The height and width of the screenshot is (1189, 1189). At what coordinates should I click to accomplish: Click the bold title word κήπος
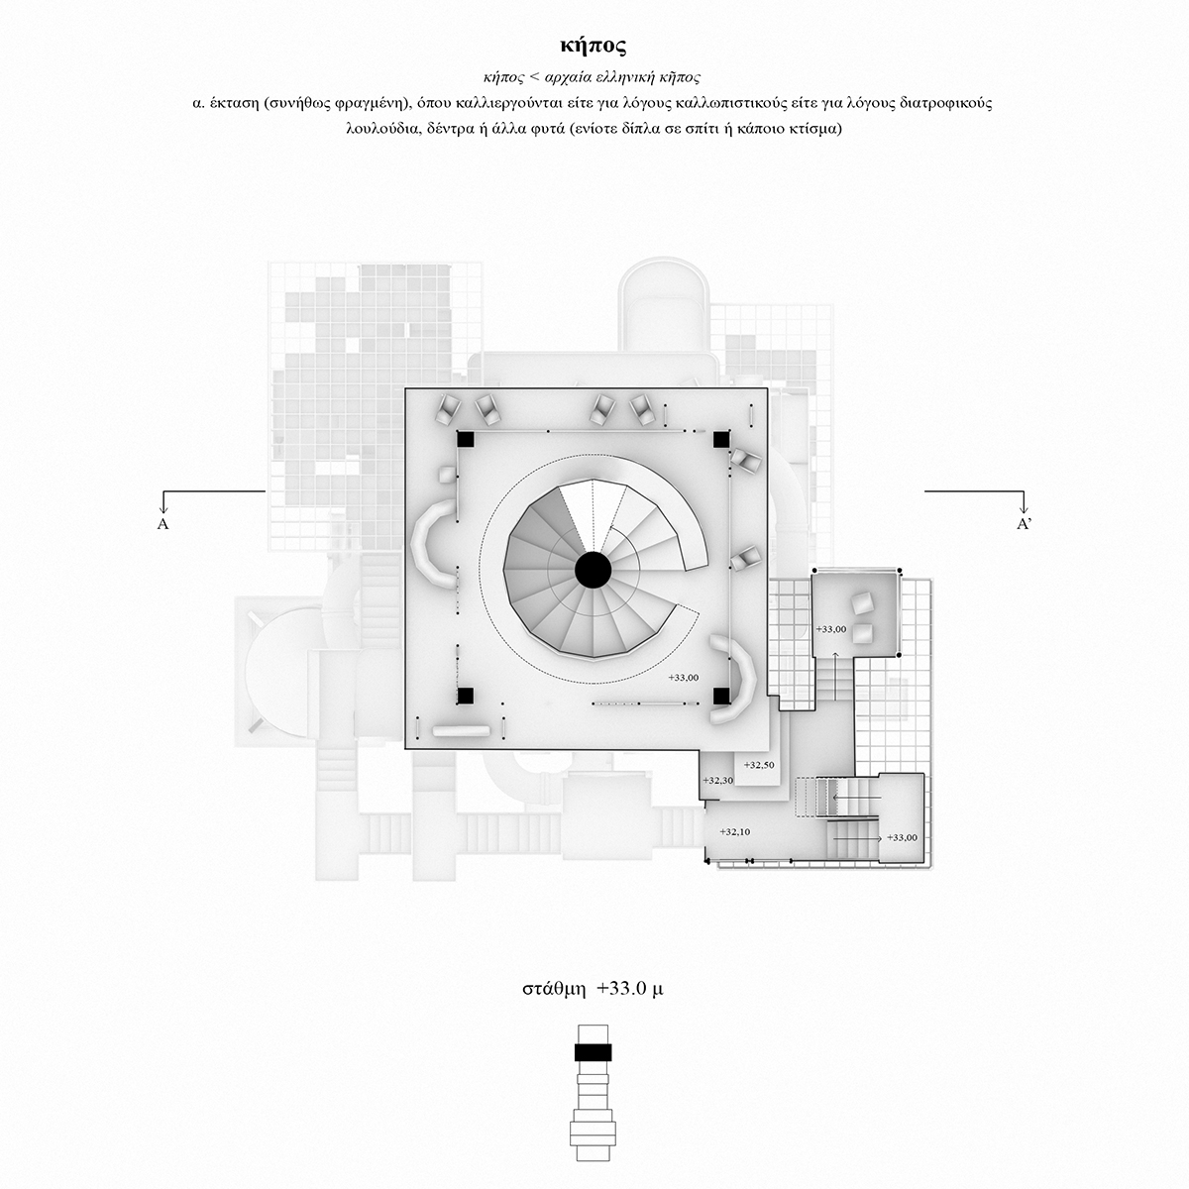(x=593, y=47)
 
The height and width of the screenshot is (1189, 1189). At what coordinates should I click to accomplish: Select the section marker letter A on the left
(x=162, y=524)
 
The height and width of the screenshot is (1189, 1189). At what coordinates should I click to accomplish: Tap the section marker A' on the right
(x=1025, y=524)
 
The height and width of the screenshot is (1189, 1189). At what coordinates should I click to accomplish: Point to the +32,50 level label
(x=758, y=765)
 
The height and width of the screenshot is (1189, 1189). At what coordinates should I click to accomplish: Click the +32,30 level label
(x=717, y=781)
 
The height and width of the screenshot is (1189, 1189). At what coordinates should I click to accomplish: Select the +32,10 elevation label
(x=735, y=831)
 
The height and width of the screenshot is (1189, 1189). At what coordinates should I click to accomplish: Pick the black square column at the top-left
(x=465, y=439)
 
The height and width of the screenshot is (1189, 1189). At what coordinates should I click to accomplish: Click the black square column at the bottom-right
(x=721, y=696)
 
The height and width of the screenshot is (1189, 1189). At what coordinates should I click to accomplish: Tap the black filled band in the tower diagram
(x=593, y=1052)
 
